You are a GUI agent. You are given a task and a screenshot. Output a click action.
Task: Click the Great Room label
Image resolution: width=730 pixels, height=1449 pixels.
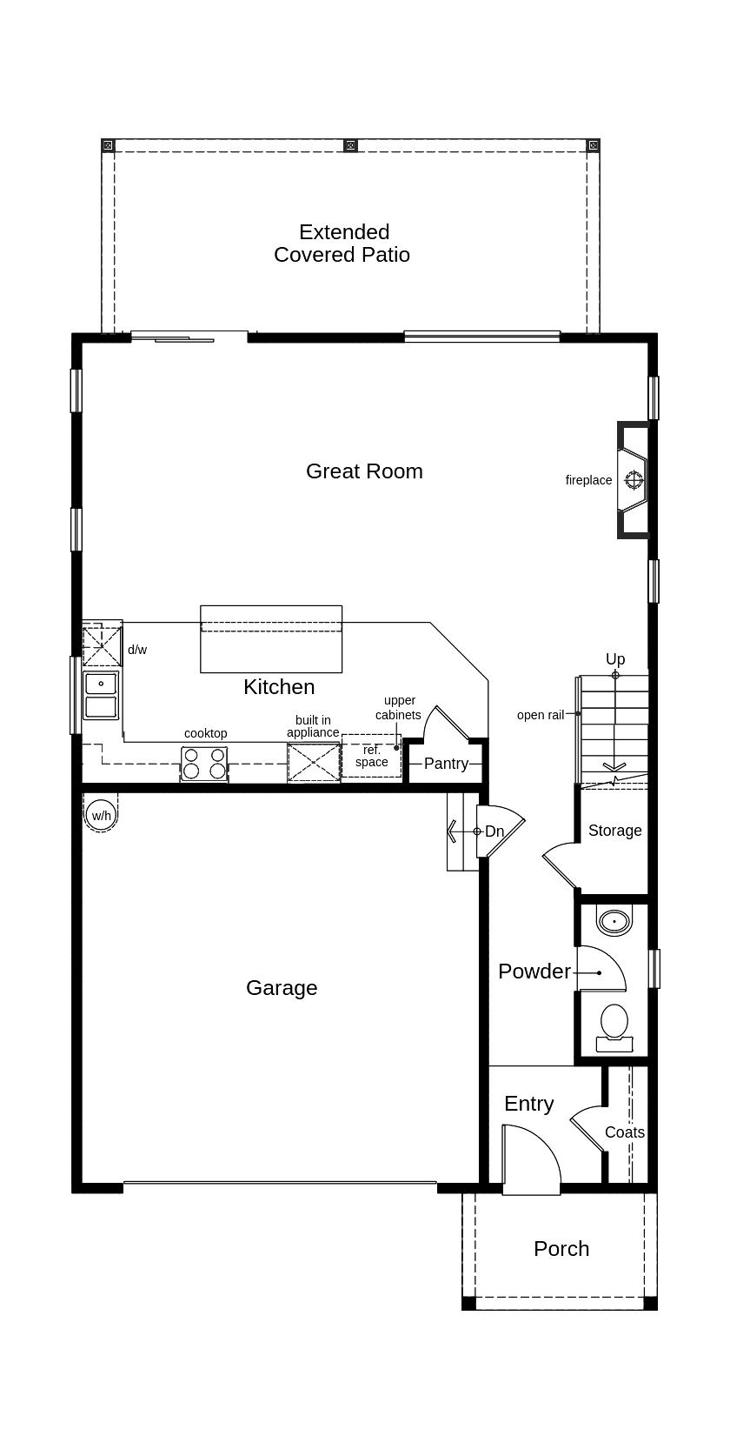pyautogui.click(x=364, y=471)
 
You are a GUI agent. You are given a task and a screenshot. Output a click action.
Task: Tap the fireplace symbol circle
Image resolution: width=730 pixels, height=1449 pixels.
pyautogui.click(x=634, y=480)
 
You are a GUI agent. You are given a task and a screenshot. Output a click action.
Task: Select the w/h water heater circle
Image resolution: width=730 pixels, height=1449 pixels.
pyautogui.click(x=102, y=816)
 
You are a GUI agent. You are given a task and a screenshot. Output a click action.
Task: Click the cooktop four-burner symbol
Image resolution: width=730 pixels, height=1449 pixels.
pyautogui.click(x=204, y=764)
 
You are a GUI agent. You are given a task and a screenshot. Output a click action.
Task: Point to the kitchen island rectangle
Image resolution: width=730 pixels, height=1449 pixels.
pyautogui.click(x=271, y=639)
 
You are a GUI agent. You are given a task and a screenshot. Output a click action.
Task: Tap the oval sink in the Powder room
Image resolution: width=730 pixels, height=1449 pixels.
pyautogui.click(x=614, y=920)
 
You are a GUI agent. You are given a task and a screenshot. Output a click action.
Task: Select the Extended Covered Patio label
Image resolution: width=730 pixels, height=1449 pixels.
pyautogui.click(x=342, y=244)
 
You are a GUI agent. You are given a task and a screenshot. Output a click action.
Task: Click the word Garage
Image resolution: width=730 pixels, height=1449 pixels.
pyautogui.click(x=282, y=988)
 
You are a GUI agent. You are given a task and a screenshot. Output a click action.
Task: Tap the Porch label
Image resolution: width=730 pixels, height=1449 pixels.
pyautogui.click(x=561, y=1249)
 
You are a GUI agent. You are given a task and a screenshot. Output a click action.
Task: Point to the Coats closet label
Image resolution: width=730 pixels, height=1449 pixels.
pyautogui.click(x=625, y=1132)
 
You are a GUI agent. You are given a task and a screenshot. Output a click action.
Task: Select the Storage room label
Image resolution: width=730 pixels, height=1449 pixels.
pyautogui.click(x=614, y=831)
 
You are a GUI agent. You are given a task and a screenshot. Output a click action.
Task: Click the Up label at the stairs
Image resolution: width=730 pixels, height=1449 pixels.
pyautogui.click(x=615, y=659)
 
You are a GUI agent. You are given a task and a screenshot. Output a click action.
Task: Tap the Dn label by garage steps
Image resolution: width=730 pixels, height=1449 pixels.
pyautogui.click(x=494, y=831)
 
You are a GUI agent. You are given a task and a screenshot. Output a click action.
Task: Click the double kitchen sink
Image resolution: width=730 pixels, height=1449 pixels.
pyautogui.click(x=101, y=695)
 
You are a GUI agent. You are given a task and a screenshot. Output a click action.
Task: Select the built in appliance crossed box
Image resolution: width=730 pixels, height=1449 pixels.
pyautogui.click(x=314, y=762)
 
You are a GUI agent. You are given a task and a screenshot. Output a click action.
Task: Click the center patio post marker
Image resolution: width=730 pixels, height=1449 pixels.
pyautogui.click(x=350, y=145)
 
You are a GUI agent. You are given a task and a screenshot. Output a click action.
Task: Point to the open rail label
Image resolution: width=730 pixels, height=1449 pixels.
pyautogui.click(x=541, y=715)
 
